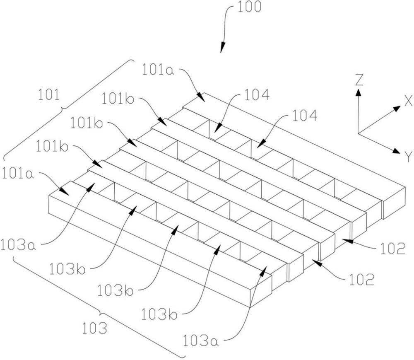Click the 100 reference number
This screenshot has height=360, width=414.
[x=250, y=7]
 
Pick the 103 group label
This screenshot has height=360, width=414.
[x=94, y=328]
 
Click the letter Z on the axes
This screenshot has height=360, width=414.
[x=359, y=80]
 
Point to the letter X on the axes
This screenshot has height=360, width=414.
[x=408, y=101]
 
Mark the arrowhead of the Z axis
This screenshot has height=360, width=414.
[x=358, y=92]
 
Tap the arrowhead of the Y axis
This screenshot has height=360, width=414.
[x=396, y=151]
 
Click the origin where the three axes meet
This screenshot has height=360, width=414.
[x=358, y=133]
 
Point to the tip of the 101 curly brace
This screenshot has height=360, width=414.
[x=63, y=108]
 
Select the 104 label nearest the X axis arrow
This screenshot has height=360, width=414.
[x=305, y=116]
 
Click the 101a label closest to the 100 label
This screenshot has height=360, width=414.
[x=158, y=70]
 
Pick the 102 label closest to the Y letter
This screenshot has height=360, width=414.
[x=392, y=249]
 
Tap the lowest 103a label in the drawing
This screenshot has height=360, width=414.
[x=200, y=341]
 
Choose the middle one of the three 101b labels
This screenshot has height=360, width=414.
[x=87, y=123]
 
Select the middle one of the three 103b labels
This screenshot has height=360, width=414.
[x=116, y=290]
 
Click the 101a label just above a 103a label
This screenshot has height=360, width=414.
[x=18, y=174]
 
